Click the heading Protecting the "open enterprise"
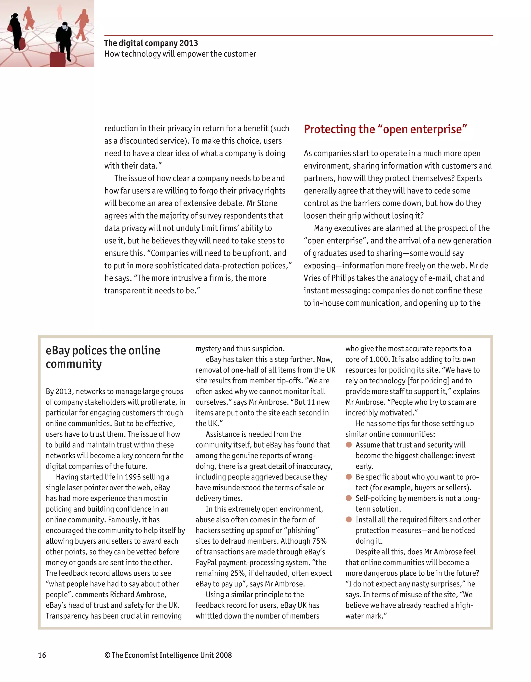pos(385,129)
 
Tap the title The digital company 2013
pos(151,43)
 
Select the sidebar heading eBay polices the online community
pos(103,357)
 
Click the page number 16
pos(42,655)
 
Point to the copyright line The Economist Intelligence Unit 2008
pos(168,655)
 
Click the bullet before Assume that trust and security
pos(349,445)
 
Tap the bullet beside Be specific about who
pos(349,477)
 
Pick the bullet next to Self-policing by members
pos(349,498)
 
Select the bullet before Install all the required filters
pos(349,520)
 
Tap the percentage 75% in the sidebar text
pos(319,541)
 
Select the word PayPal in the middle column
pos(206,562)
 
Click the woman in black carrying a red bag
pos(15,31)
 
